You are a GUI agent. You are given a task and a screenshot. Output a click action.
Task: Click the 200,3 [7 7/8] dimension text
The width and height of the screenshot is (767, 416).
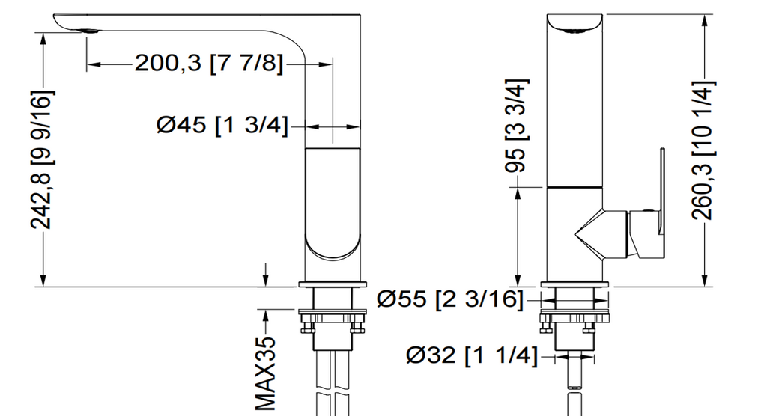[x=209, y=64]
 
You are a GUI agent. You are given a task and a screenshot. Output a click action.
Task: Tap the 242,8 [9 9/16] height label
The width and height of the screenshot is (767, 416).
[x=42, y=160]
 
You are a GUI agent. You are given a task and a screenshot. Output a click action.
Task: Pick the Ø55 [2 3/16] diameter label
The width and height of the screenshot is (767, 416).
[x=449, y=299]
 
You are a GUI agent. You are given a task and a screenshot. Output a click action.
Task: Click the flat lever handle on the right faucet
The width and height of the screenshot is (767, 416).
[x=662, y=202]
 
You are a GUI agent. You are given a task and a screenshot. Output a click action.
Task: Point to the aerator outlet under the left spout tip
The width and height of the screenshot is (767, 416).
[x=88, y=31]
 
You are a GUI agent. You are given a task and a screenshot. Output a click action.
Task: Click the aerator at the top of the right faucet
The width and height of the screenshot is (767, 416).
[x=575, y=31]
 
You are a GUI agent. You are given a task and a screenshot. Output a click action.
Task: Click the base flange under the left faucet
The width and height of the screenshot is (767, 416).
[x=333, y=284]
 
